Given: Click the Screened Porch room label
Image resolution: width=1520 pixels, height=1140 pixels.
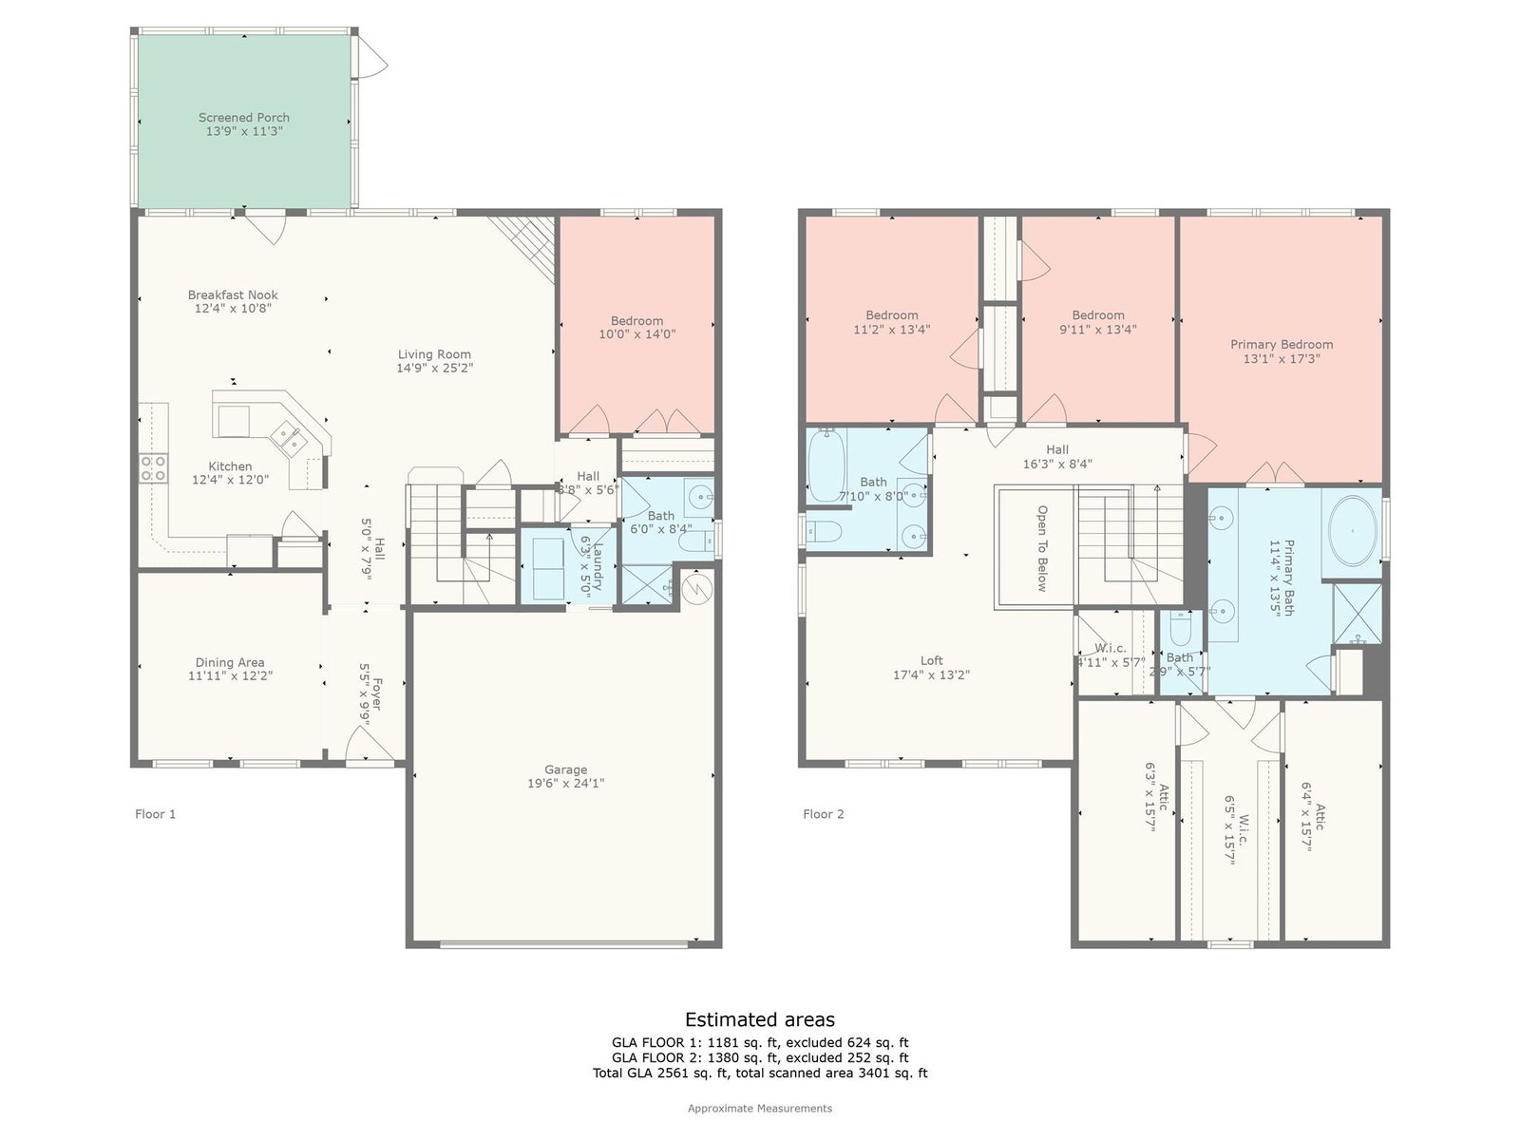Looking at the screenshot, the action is pos(244,118).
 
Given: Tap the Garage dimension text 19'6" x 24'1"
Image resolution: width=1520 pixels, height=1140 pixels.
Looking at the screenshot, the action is pos(566,784).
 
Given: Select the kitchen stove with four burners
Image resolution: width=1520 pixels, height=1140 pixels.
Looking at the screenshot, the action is pos(153,468).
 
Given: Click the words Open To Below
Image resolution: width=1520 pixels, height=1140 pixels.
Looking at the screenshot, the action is pos(1042,548).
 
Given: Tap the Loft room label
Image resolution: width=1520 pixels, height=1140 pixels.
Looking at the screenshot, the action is pos(931,660).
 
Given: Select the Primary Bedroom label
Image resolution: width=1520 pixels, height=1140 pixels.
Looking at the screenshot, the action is pos(1282,345).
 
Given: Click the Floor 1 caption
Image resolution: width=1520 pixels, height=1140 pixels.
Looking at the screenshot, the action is pos(155,814).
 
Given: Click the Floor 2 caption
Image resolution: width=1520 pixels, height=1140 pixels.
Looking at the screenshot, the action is pos(824,814).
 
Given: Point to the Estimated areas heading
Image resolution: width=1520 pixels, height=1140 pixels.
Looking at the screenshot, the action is pos(760,1019).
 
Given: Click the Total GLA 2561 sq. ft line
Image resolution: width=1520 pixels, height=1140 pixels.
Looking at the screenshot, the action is pos(760,1073).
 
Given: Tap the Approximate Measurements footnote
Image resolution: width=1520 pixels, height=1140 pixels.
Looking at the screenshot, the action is pos(760,1108).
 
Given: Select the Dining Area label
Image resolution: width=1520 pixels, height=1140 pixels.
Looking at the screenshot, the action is pos(230,662).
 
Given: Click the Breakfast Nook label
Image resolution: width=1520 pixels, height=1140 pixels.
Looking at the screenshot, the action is pos(233,294).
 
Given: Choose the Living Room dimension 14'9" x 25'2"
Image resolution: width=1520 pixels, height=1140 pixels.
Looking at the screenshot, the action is pos(435,369).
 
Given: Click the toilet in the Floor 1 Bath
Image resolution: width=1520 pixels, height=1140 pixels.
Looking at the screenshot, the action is pos(695,540).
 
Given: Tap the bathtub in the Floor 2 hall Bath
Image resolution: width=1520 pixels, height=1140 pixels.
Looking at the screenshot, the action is pos(826,465).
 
